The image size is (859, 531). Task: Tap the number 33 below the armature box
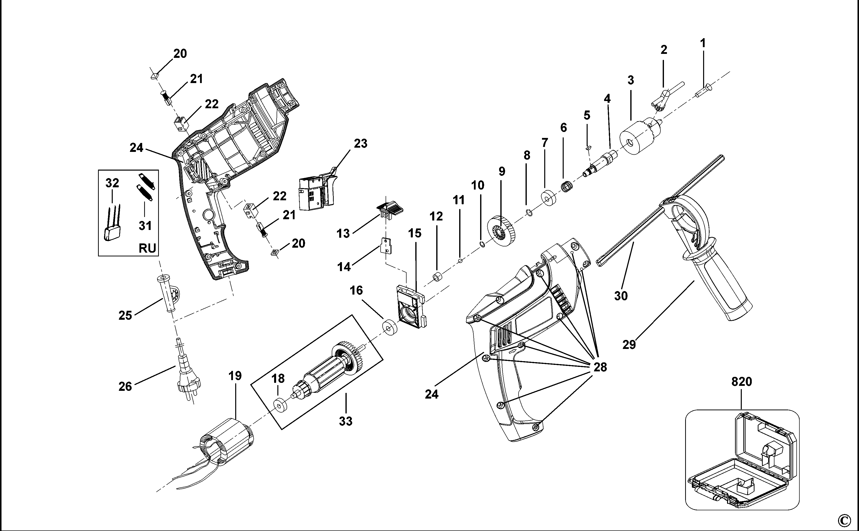tap(345, 421)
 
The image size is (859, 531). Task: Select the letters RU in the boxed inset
tap(147, 248)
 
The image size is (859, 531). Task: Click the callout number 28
tap(600, 367)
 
